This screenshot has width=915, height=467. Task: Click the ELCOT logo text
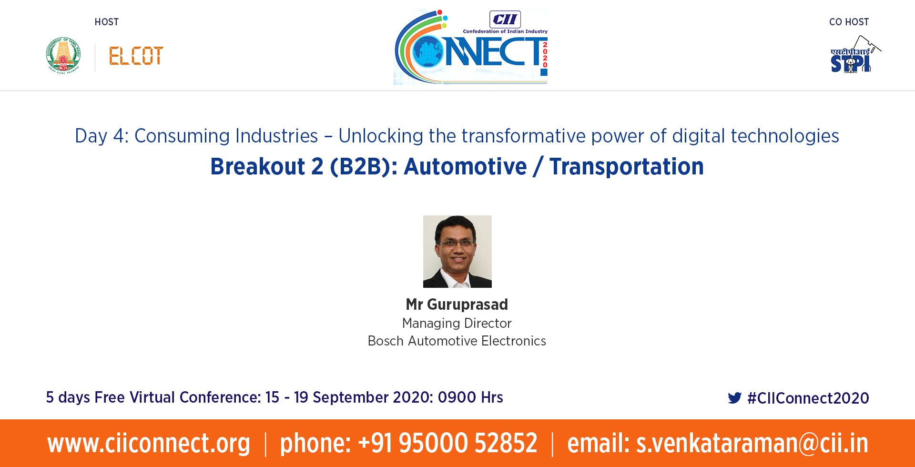pos(136,56)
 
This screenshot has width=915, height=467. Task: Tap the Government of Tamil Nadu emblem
pos(63,55)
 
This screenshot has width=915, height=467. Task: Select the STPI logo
pos(855,54)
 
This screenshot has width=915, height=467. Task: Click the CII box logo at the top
pos(505,20)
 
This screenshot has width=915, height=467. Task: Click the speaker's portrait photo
pos(457,252)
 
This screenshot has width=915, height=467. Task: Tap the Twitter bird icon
pos(735,398)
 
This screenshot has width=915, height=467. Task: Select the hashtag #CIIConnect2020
pos(808,398)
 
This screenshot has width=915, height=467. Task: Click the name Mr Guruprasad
pos(457,304)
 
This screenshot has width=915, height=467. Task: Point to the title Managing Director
pos(457,323)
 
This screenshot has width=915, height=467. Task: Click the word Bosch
pos(386,341)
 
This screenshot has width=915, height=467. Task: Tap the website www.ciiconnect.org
pos(149,443)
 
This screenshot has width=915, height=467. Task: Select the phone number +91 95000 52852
pos(447,443)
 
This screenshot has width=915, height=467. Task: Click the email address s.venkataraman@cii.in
pos(752,443)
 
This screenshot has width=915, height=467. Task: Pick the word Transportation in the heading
pos(627,166)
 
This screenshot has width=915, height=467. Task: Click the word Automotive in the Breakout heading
pos(466,166)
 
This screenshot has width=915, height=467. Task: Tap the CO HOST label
pos(849,22)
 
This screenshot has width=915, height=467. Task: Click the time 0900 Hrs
pos(470,397)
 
